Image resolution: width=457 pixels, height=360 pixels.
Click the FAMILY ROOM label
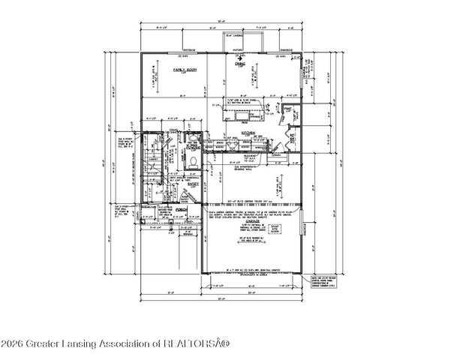181,69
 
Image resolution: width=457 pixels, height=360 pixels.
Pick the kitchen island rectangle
240,114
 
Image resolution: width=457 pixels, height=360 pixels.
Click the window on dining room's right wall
302,75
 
